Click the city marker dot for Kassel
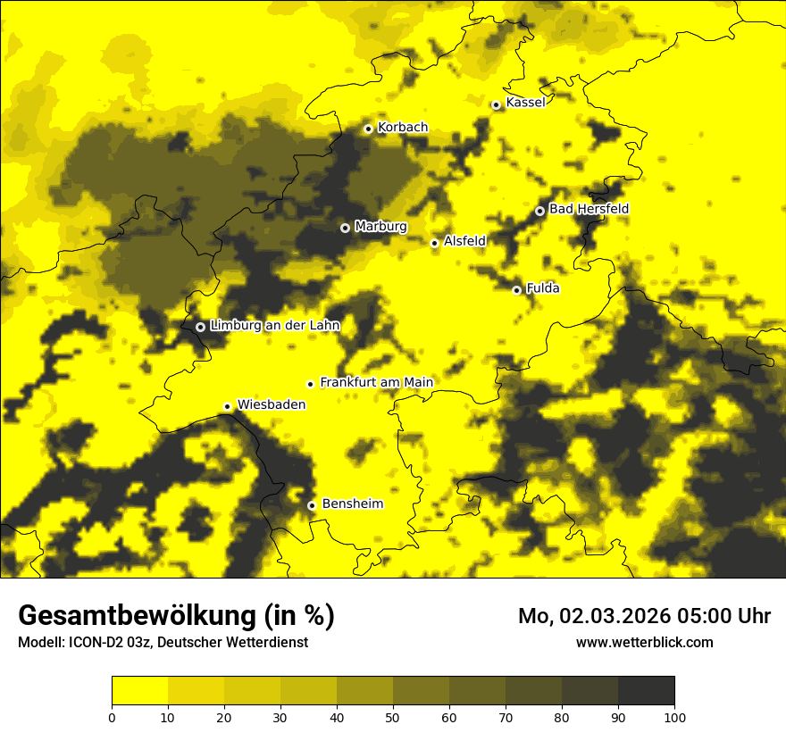pyautogui.click(x=496, y=104)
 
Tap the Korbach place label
pyautogui.click(x=403, y=128)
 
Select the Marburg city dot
pyautogui.click(x=345, y=228)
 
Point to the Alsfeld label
pyautogui.click(x=464, y=241)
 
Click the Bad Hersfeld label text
pyautogui.click(x=589, y=209)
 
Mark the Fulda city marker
pyautogui.click(x=516, y=290)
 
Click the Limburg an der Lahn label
pyautogui.click(x=274, y=326)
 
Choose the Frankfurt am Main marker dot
pyautogui.click(x=310, y=384)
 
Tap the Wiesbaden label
pyautogui.click(x=272, y=404)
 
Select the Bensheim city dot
pyautogui.click(x=312, y=505)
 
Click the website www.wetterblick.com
pyautogui.click(x=644, y=642)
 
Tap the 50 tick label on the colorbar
pyautogui.click(x=393, y=717)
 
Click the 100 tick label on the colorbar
pyautogui.click(x=674, y=717)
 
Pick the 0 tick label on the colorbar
pyautogui.click(x=112, y=717)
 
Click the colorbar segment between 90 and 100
pyautogui.click(x=646, y=690)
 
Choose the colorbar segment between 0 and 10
pyautogui.click(x=139, y=690)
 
